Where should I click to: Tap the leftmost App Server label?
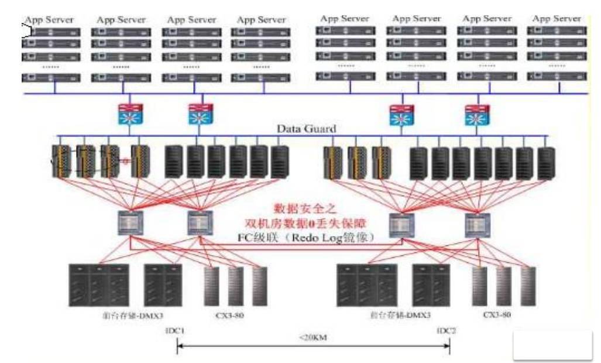pyautogui.click(x=51, y=19)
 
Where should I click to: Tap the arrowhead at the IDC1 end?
pyautogui.click(x=180, y=347)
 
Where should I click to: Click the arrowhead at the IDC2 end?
pyautogui.click(x=447, y=347)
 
